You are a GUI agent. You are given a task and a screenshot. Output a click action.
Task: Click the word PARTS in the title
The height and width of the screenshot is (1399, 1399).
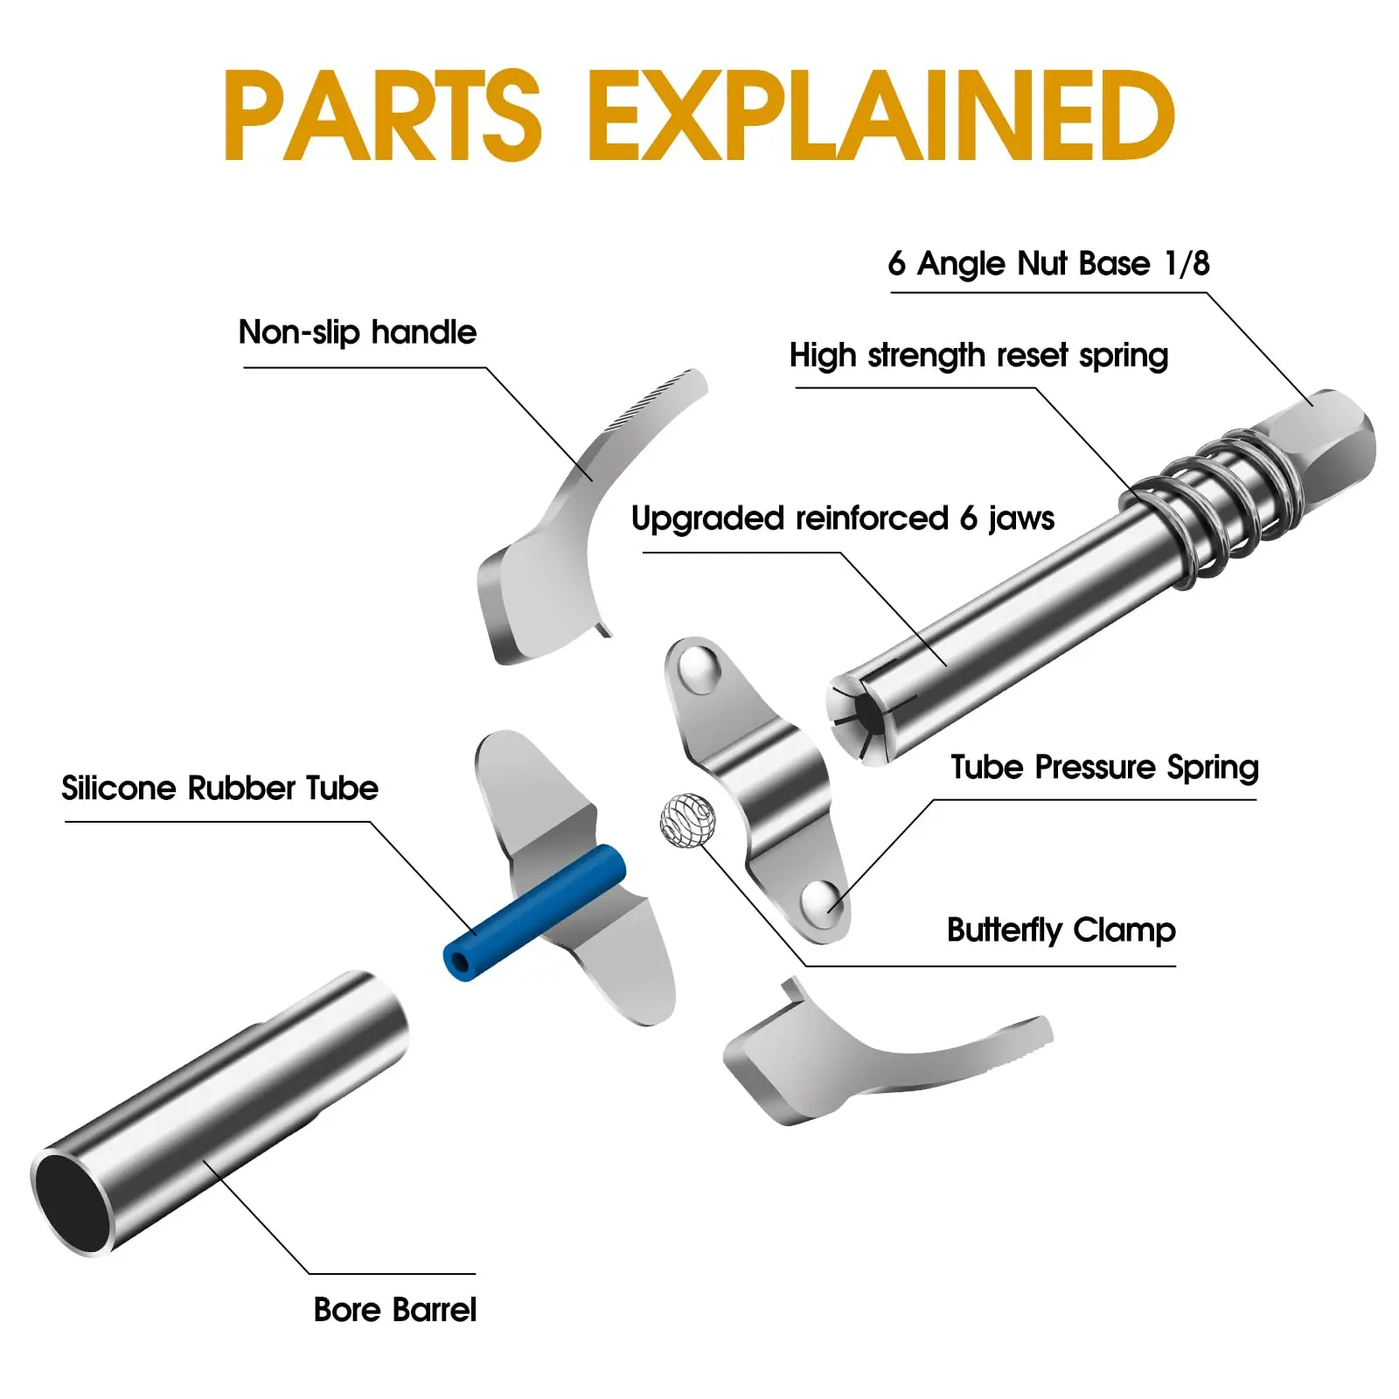pos(382,115)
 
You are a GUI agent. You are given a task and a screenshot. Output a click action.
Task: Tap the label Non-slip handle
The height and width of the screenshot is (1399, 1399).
pos(357,332)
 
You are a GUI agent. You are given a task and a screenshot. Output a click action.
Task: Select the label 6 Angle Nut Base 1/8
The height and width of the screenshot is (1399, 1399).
pos(1048,263)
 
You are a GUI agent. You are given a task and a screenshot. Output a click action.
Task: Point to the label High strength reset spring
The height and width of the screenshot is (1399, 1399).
pos(978,356)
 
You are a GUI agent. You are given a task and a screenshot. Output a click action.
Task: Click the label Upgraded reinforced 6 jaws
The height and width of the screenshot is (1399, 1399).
pos(842,519)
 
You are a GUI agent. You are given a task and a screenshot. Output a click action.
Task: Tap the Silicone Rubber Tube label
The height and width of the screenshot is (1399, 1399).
pos(219,788)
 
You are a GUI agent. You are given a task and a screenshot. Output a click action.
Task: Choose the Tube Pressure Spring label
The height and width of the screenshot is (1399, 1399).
pos(1104,767)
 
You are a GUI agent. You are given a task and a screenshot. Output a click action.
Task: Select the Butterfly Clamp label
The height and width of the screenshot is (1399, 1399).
pos(1061,929)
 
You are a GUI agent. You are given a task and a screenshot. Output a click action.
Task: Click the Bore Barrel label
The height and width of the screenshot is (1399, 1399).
pos(394,1310)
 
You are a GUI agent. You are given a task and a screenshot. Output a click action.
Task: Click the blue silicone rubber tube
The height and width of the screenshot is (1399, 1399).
pos(535,913)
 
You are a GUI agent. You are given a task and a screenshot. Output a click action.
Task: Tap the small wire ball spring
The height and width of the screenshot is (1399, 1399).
pos(687,820)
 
